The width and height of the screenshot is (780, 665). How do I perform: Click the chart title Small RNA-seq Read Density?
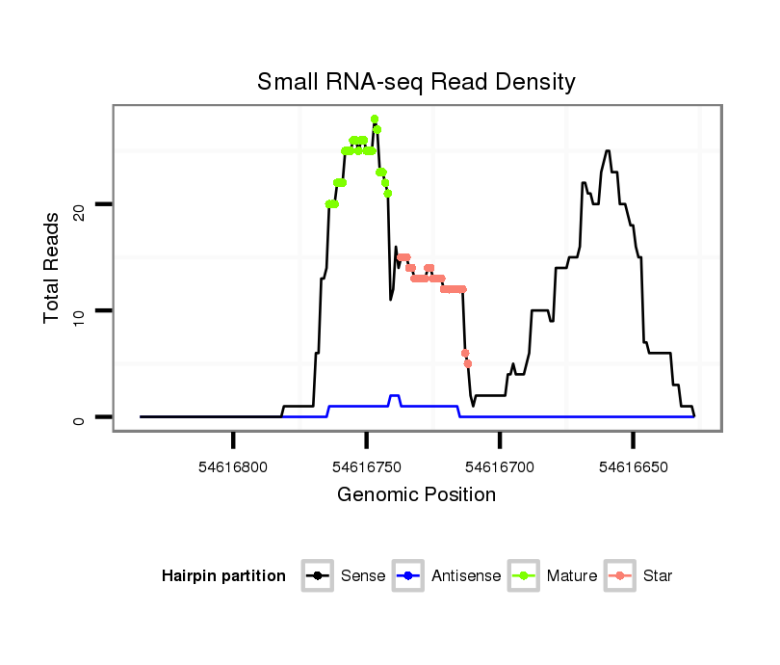tap(416, 82)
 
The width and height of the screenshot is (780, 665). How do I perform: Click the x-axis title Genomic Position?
tap(416, 495)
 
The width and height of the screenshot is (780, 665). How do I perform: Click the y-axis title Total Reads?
tap(53, 267)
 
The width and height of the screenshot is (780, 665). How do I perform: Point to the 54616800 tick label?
tap(233, 467)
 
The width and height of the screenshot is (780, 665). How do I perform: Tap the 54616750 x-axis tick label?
tap(366, 467)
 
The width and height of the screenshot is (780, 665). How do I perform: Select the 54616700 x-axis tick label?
tap(499, 467)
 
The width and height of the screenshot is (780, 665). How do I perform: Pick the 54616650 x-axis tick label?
tap(632, 467)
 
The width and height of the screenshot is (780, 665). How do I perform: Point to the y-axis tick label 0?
tap(79, 417)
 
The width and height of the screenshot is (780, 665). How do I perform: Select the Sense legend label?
tap(363, 576)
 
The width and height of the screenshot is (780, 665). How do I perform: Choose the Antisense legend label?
tap(466, 576)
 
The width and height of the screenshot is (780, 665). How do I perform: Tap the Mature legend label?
tap(572, 576)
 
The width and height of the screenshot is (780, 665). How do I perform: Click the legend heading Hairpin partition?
tap(224, 576)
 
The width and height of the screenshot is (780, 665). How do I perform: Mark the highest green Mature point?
tap(375, 120)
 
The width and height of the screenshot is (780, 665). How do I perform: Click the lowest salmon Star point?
tap(468, 363)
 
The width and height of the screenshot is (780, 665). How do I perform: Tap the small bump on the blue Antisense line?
tap(394, 396)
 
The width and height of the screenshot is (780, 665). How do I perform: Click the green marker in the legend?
tap(525, 576)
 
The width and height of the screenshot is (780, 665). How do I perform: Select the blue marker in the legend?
tap(409, 576)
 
